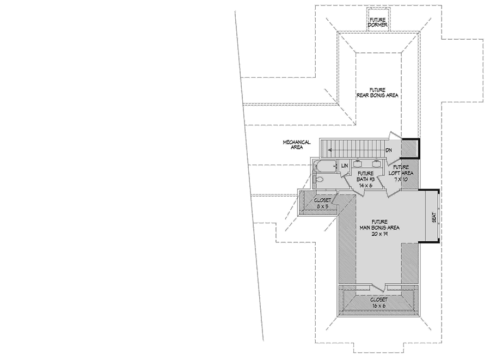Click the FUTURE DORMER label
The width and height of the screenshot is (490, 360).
click(x=377, y=22)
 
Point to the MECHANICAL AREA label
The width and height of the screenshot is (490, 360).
click(x=296, y=144)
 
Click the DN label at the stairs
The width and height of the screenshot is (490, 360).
click(x=389, y=150)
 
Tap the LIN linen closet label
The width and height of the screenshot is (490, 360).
click(x=344, y=165)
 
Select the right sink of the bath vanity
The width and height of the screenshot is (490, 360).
click(x=376, y=163)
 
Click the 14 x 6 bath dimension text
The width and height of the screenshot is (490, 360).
click(x=365, y=185)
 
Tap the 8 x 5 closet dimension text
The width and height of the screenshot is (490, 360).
click(x=323, y=206)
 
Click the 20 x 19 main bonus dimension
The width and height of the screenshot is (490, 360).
click(x=372, y=233)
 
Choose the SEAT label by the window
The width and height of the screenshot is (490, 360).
click(x=433, y=217)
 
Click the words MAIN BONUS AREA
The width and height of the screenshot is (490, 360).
click(x=372, y=227)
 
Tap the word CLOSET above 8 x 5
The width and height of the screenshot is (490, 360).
click(x=323, y=200)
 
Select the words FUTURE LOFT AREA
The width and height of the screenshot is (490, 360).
click(x=401, y=170)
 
